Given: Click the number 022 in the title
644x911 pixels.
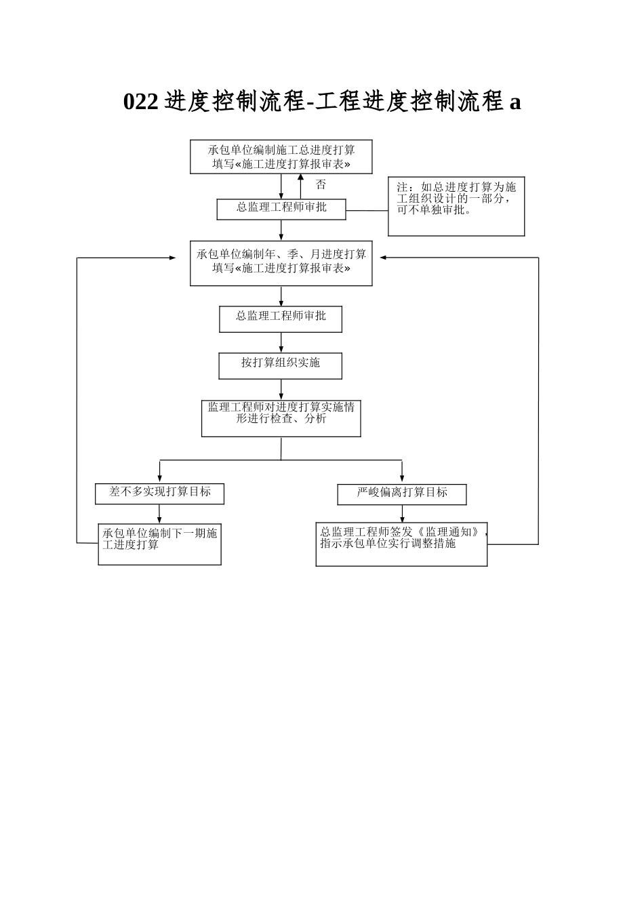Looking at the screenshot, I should click(x=140, y=102).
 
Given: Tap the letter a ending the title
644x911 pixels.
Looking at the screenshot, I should click(x=515, y=102).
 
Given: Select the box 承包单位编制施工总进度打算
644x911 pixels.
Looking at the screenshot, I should click(x=281, y=157).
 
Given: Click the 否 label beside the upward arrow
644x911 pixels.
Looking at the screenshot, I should click(x=321, y=184).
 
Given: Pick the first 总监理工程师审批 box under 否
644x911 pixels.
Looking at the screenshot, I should click(x=281, y=209).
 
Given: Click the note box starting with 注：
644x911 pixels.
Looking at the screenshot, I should click(x=456, y=207).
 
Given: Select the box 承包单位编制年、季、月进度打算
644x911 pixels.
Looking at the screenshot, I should click(x=281, y=262).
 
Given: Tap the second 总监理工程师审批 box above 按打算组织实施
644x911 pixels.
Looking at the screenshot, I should click(x=281, y=319).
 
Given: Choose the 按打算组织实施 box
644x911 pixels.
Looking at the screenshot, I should click(x=280, y=365).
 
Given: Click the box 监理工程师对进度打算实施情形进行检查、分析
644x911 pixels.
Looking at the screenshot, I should click(x=281, y=418).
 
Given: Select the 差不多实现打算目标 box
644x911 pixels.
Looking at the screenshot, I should click(x=159, y=493).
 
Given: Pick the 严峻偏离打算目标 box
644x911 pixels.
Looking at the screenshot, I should click(x=401, y=494).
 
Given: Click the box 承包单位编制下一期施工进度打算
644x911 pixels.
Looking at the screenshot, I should click(x=159, y=544).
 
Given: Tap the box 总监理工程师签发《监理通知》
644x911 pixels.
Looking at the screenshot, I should click(x=401, y=544).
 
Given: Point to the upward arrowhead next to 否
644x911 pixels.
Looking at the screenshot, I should click(x=300, y=177).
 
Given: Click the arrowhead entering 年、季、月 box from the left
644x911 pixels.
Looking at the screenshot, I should click(x=172, y=258).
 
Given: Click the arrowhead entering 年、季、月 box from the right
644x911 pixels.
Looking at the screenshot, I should click(x=383, y=258).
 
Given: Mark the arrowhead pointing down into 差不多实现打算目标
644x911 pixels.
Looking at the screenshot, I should click(x=160, y=479).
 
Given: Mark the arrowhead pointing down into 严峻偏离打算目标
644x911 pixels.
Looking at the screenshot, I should click(x=402, y=479).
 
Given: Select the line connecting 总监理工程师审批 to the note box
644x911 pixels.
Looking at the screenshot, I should click(x=367, y=211).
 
